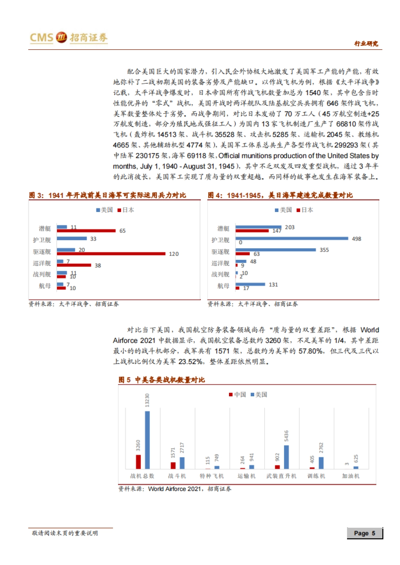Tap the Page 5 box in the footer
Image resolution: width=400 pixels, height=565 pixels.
(365, 533)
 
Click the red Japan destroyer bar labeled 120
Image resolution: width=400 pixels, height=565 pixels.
(111, 254)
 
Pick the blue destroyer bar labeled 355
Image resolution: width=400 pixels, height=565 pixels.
(276, 250)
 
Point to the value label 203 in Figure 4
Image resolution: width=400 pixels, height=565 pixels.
(290, 227)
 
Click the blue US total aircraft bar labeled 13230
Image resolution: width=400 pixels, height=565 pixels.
(147, 440)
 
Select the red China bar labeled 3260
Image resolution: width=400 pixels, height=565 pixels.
(138, 462)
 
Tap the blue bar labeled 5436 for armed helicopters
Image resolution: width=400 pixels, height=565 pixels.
(286, 457)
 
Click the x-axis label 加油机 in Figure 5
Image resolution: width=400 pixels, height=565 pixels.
(351, 476)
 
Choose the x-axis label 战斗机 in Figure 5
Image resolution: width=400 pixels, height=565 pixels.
(177, 476)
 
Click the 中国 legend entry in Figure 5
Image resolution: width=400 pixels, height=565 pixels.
(237, 395)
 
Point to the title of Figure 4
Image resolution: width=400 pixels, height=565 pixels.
(280, 195)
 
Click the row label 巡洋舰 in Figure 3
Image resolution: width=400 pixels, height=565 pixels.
(42, 263)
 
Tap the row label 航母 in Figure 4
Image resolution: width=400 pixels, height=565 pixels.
(223, 286)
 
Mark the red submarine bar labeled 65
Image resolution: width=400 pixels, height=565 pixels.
(86, 231)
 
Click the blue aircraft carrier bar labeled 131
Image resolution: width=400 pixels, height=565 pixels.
(250, 284)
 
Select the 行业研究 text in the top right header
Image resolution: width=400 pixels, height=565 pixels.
(366, 44)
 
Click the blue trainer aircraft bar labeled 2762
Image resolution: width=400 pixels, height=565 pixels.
(321, 463)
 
